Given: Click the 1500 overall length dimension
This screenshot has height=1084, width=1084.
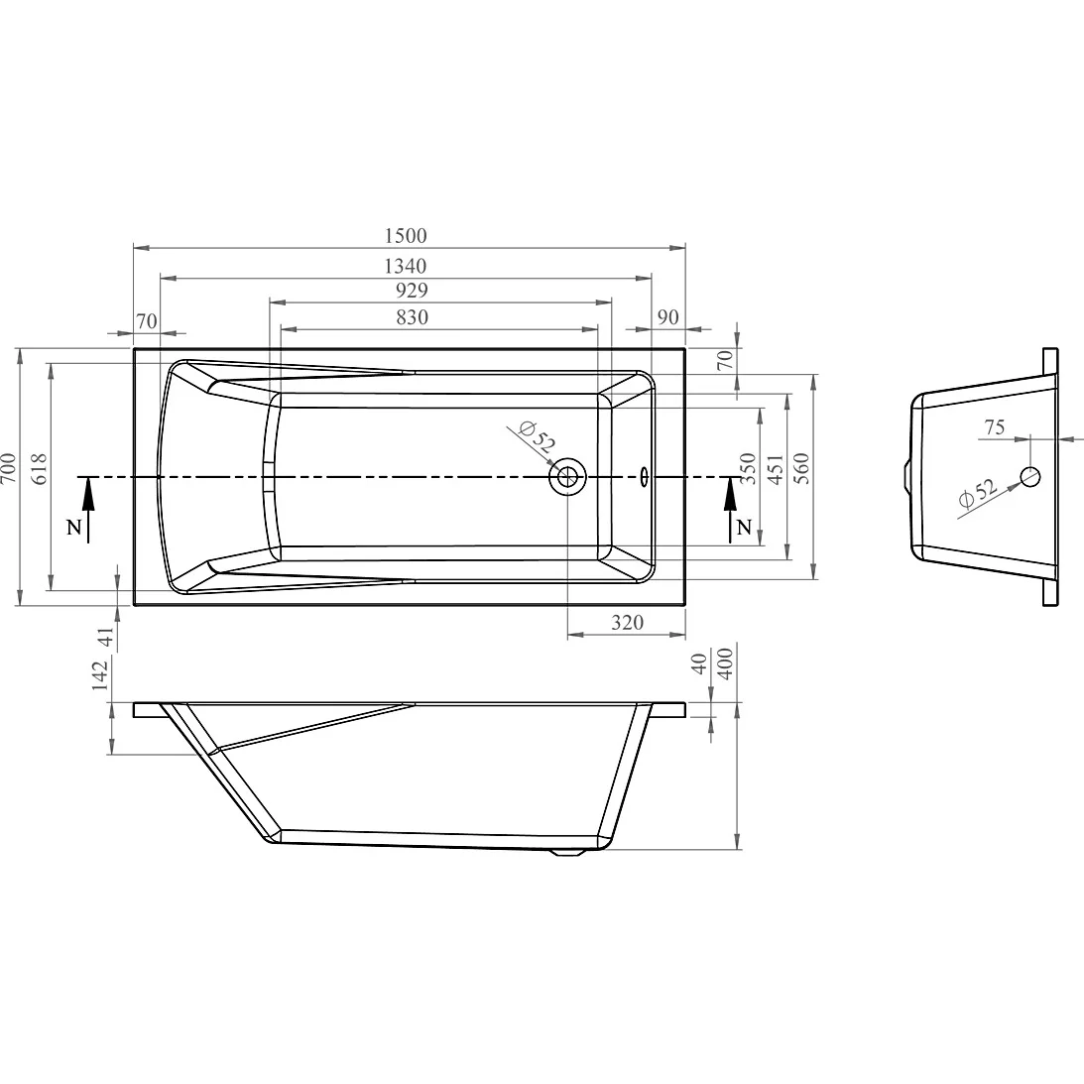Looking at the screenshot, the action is point(406,236).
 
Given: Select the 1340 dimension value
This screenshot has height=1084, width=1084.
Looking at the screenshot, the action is point(406,266).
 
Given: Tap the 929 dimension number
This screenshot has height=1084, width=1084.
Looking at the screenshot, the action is point(412,291).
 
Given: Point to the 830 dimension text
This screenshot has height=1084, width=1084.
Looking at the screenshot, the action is point(412,317).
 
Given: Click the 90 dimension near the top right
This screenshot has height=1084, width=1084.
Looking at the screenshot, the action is point(667,317).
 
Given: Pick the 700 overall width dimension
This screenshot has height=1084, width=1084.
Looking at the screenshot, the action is point(8,468).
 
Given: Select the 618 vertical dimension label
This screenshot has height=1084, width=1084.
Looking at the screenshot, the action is point(39,468).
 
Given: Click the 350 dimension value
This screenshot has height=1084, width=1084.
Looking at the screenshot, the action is point(748,468).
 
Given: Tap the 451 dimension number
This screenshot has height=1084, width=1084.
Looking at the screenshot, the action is point(776,469).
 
